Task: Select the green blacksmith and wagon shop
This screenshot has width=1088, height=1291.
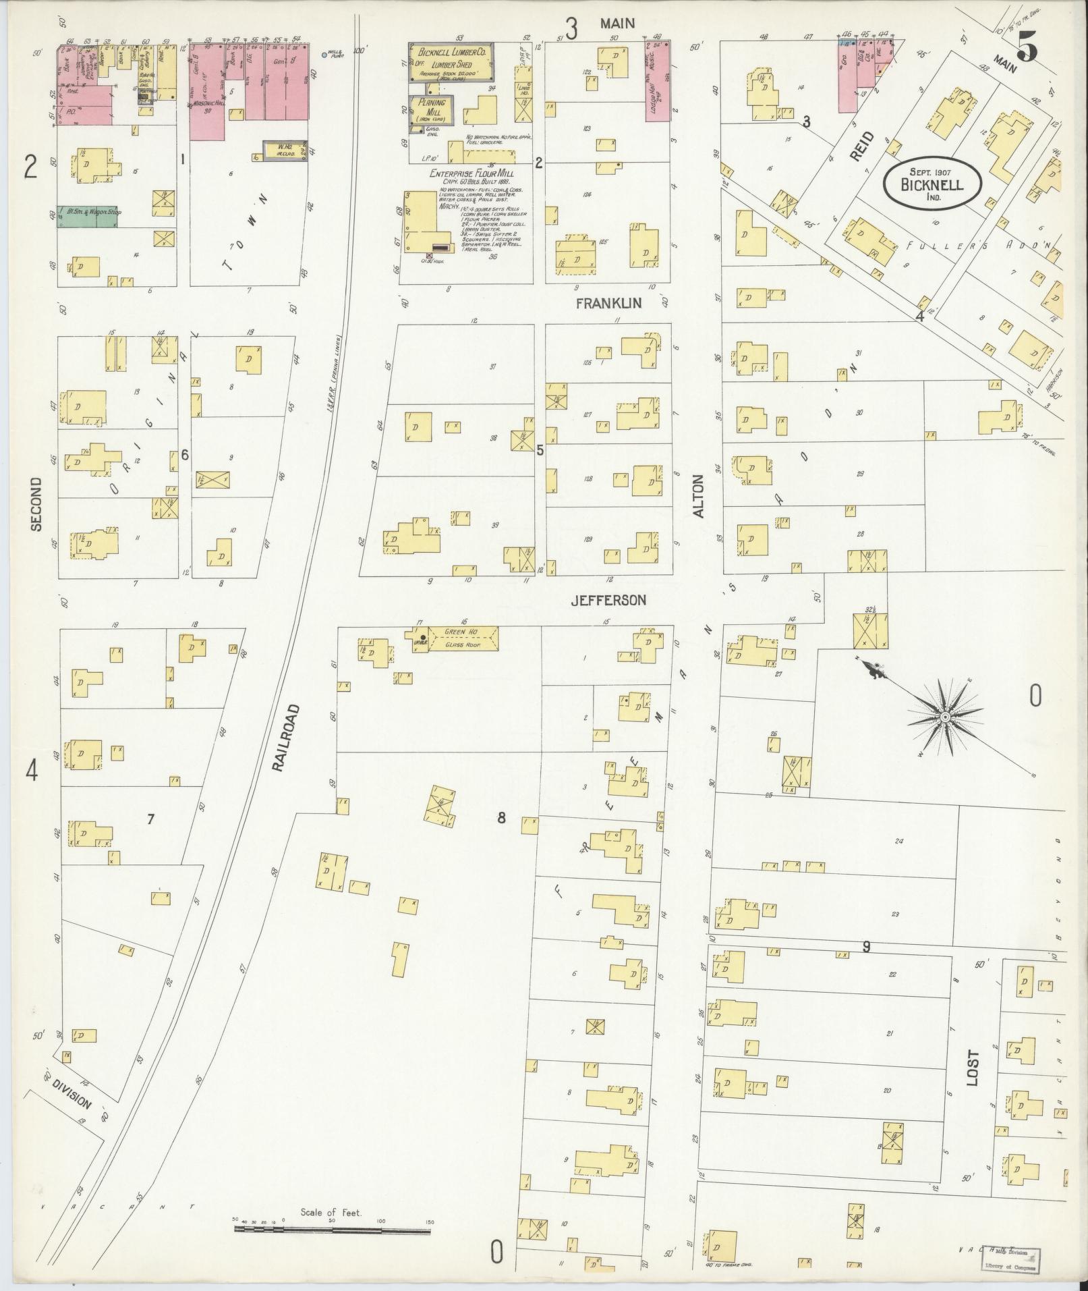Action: (x=86, y=216)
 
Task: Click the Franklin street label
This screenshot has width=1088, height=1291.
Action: (x=608, y=304)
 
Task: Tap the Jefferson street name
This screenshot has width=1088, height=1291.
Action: (x=608, y=600)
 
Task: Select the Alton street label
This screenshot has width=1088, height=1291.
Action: (x=698, y=497)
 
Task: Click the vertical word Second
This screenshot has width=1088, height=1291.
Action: (x=36, y=504)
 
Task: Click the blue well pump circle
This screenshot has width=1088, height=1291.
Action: (x=324, y=55)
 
